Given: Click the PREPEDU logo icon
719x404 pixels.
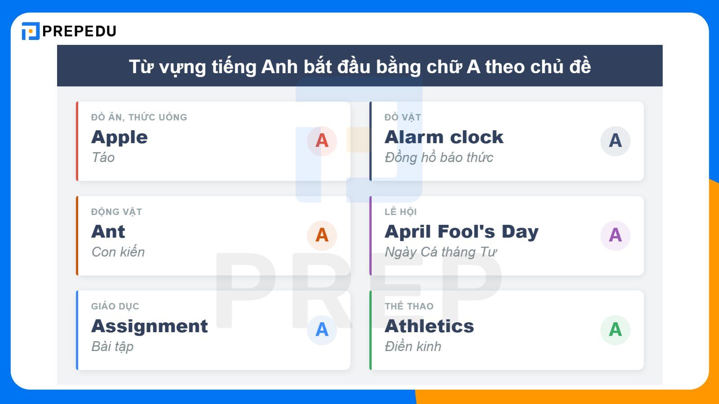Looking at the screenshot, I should [31, 31].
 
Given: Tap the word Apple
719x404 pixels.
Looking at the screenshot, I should [119, 137].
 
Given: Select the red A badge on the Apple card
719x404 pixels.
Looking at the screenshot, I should [322, 141].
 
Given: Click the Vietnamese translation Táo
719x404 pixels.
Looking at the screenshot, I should [103, 158].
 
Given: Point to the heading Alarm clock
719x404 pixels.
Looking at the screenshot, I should [444, 137].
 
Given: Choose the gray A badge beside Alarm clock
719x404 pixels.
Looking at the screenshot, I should [615, 141].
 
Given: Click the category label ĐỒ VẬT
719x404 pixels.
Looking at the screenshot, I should [402, 118].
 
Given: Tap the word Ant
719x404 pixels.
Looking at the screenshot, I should [108, 232].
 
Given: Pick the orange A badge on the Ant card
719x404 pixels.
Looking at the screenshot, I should [322, 235].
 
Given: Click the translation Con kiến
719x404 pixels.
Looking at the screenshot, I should [118, 252].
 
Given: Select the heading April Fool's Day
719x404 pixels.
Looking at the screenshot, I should [461, 232].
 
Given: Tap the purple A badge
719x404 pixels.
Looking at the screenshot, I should [615, 235].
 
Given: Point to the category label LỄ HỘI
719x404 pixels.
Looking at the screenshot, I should [400, 212].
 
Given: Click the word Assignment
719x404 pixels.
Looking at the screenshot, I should [149, 326].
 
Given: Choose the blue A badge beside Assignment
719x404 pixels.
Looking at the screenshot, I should [322, 330].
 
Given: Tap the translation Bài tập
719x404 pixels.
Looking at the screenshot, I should [112, 347].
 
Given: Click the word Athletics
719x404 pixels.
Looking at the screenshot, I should [429, 326].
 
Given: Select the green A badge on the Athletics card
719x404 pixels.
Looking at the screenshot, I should [615, 330].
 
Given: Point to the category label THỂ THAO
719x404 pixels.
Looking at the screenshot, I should [408, 307].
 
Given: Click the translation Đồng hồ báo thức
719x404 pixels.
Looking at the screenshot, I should [439, 158].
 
